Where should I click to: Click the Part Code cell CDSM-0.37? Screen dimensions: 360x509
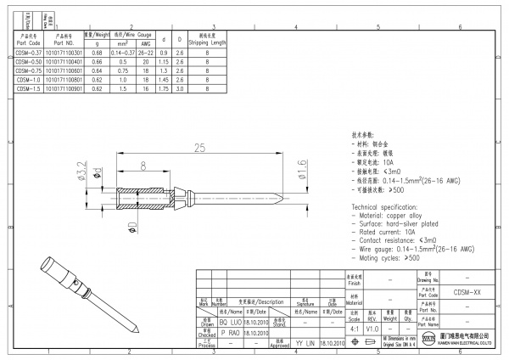coord(30,53)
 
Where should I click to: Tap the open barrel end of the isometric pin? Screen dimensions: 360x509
coord(44,263)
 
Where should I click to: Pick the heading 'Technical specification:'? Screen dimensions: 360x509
coord(394,207)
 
